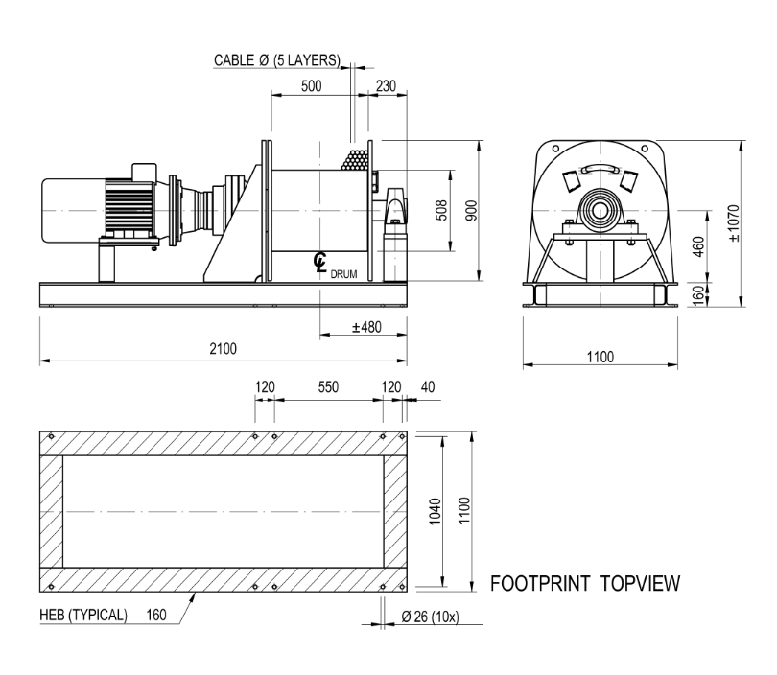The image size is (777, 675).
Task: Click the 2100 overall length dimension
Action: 223,349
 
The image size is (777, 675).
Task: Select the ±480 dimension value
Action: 366,327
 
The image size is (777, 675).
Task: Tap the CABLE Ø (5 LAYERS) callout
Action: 277,60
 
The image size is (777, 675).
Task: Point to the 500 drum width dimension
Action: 311,85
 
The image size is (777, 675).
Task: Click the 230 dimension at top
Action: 386,85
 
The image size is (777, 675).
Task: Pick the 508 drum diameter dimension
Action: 441,210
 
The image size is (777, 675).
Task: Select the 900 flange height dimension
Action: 471,210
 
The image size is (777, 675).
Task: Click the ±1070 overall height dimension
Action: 734,223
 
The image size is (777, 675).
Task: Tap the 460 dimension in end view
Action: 697,246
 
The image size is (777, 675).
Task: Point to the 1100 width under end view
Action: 600,357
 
